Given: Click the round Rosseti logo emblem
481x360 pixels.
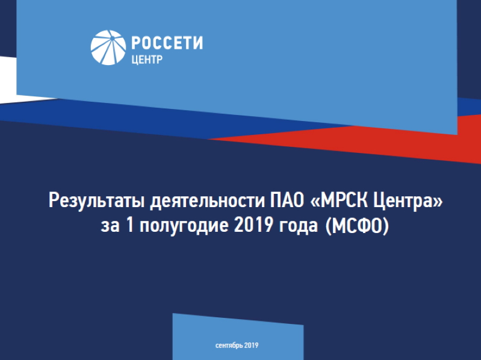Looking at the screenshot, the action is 108,48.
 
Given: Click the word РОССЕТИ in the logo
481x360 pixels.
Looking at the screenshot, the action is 167,43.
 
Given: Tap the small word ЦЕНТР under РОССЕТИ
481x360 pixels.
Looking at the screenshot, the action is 147,59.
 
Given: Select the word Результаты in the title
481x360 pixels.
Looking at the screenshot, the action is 97,201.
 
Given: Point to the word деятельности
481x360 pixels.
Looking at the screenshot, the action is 207,200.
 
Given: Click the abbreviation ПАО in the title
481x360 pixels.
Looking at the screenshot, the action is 287,200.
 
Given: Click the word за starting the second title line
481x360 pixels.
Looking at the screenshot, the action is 110,226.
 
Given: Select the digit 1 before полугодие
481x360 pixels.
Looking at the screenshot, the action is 130,225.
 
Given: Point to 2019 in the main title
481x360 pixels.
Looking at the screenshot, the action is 253,225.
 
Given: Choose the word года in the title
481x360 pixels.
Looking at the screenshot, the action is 299,226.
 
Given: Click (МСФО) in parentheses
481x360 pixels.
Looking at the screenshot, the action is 356,226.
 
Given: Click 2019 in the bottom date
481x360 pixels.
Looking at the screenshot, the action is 252,346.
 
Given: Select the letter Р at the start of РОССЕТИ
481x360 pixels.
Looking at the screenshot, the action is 136,43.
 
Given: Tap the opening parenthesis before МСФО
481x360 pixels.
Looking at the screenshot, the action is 327,226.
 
